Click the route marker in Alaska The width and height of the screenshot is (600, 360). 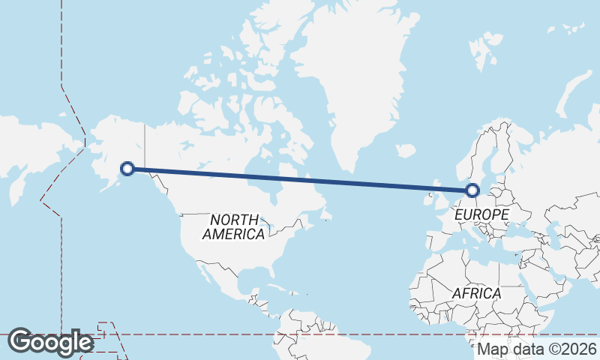pos(127,169)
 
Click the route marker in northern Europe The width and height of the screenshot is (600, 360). pos(472,190)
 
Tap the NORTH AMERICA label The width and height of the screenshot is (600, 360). pos(234,226)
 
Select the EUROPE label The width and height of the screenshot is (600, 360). pos(481,215)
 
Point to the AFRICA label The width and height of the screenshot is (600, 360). pos(475,293)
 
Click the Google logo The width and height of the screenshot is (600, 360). pos(50,342)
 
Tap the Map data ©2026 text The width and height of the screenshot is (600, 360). pos(537,349)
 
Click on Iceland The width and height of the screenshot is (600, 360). pos(406,151)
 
